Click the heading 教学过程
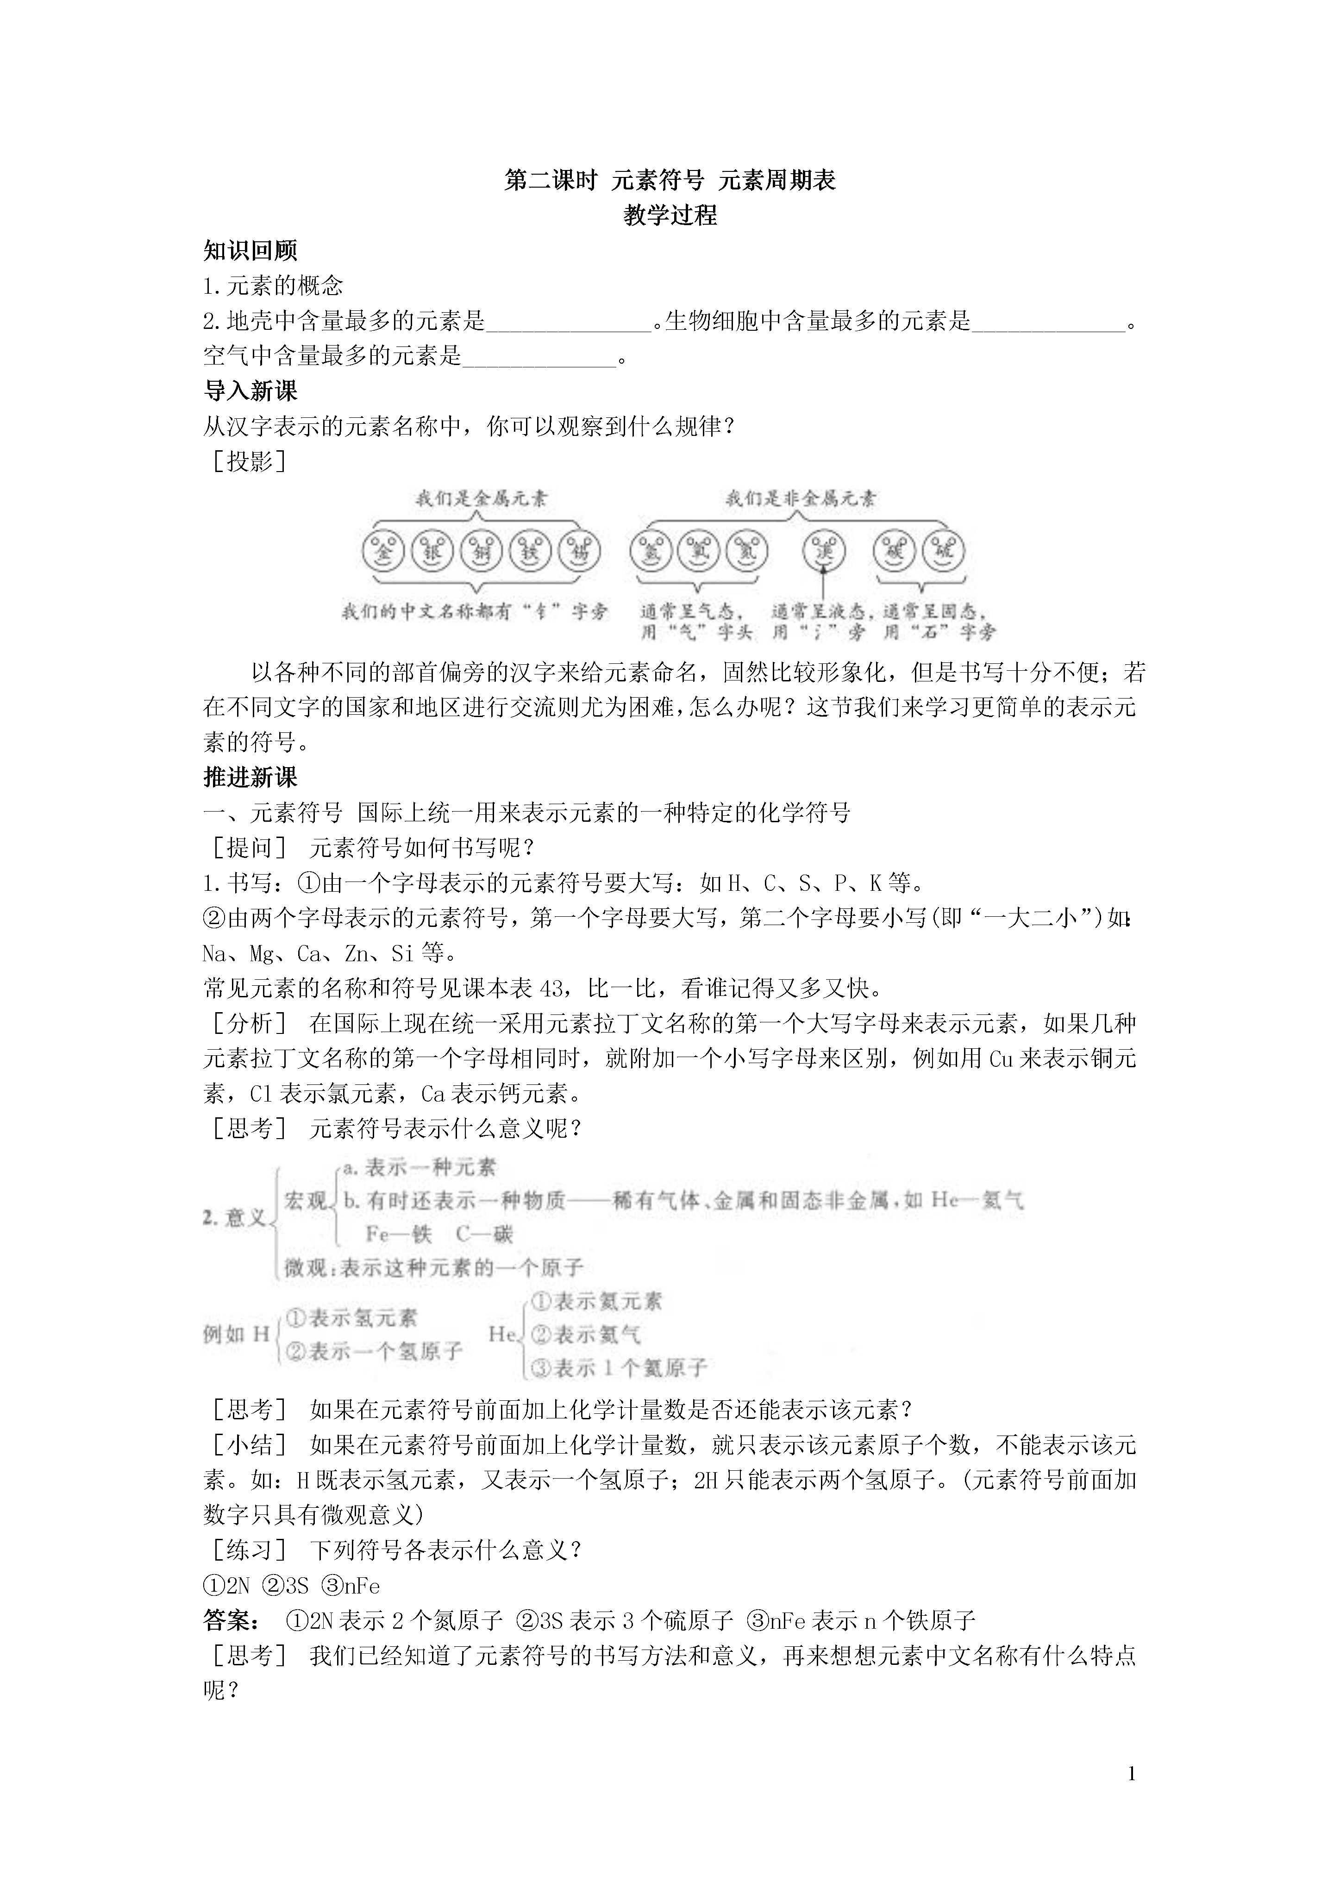coord(670,215)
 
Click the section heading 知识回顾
coord(250,250)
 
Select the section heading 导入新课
coord(250,391)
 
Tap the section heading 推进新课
coord(250,777)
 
